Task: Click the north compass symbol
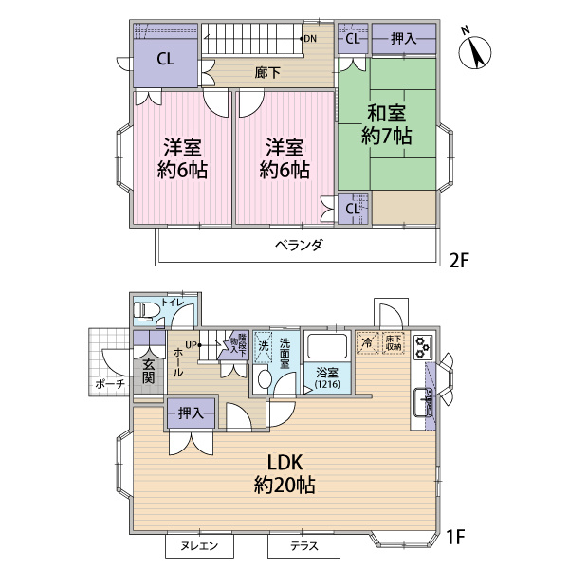(x=475, y=51)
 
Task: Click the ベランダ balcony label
(x=300, y=244)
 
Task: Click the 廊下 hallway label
(x=266, y=72)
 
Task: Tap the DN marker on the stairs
(x=310, y=39)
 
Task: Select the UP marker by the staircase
(x=192, y=344)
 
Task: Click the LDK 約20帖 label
(x=284, y=474)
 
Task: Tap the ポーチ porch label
(x=106, y=384)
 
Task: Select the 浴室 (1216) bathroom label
(x=325, y=376)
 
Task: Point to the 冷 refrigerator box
(x=366, y=341)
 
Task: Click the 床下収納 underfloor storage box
(x=394, y=341)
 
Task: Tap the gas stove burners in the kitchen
(x=423, y=348)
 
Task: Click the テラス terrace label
(x=303, y=547)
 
